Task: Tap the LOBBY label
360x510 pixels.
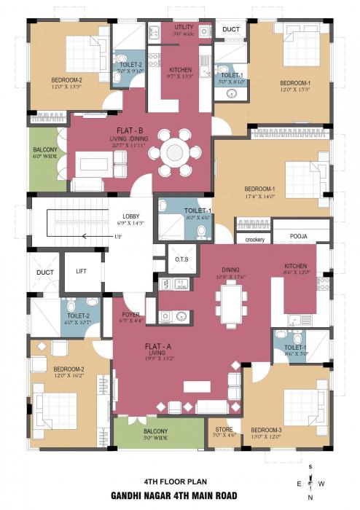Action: click(x=131, y=216)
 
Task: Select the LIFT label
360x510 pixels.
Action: click(x=82, y=271)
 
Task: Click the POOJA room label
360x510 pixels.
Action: click(x=299, y=237)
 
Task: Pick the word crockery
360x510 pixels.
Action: click(x=254, y=239)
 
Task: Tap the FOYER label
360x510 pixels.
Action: click(x=131, y=314)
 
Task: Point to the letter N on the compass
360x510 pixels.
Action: click(x=311, y=498)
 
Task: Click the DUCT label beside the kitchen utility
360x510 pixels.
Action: click(x=231, y=29)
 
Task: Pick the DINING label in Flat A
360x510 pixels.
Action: click(x=230, y=267)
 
